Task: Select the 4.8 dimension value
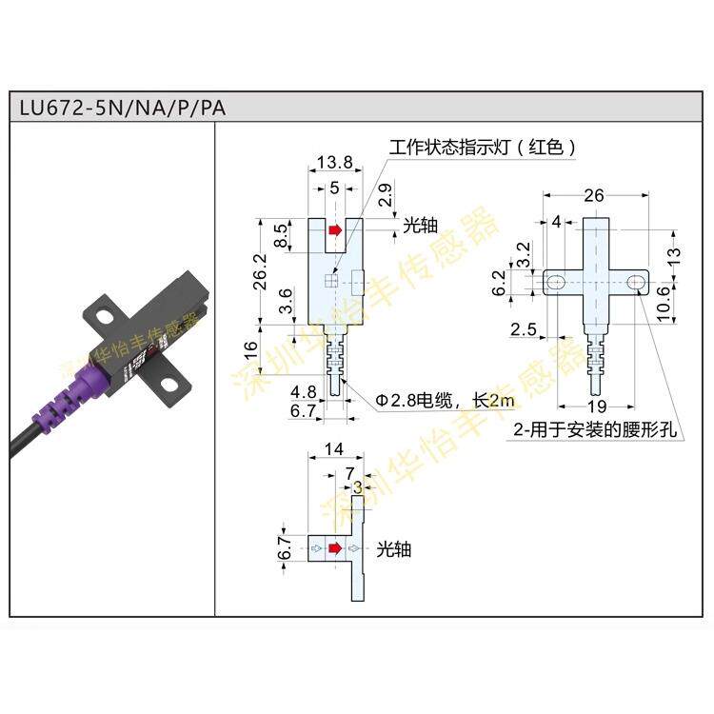pos(302,391)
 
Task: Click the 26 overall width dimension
pos(594,196)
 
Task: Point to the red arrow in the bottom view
pos(334,549)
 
